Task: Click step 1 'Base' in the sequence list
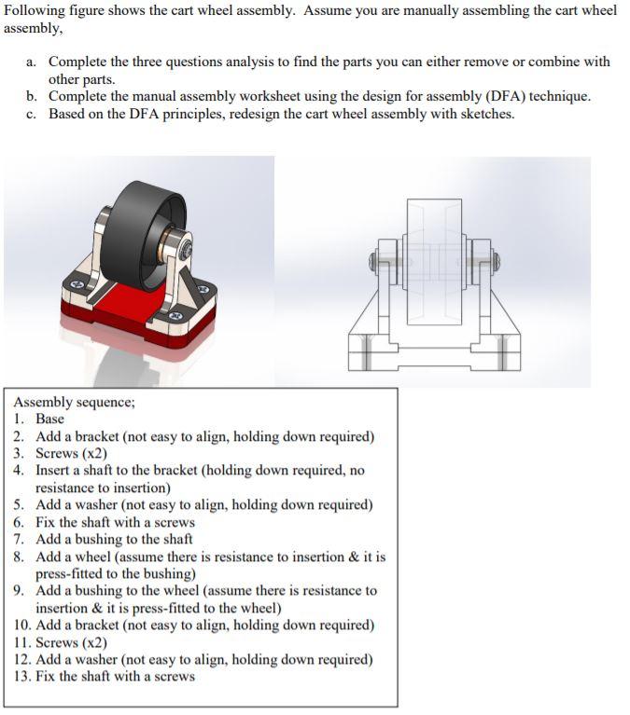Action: point(49,419)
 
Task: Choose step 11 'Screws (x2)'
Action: point(71,642)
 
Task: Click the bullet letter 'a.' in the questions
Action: point(32,62)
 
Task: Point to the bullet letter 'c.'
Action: point(32,114)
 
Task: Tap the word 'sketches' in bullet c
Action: point(483,114)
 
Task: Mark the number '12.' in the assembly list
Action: point(23,659)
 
